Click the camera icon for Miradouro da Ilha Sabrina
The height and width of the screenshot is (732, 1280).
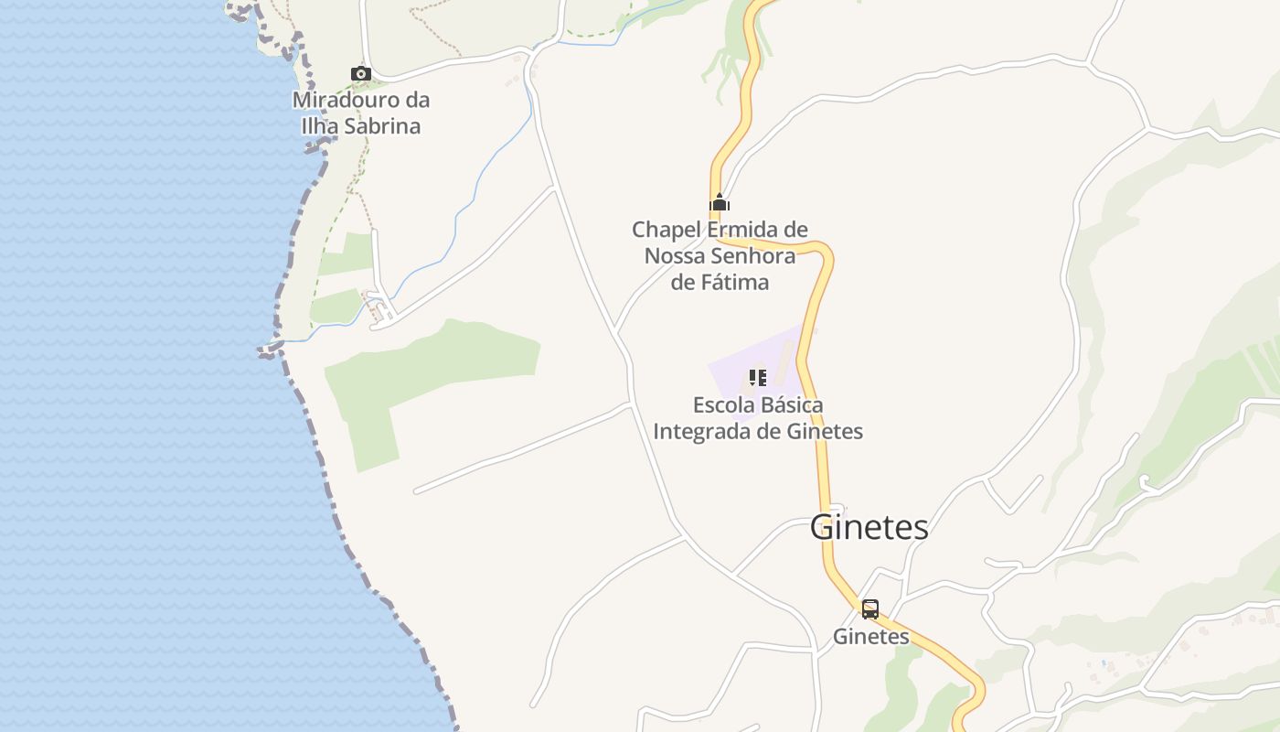(x=361, y=73)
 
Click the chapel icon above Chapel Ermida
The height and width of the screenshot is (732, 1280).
(x=720, y=203)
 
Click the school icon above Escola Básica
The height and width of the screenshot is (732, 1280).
(x=757, y=377)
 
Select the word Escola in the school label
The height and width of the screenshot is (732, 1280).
(x=720, y=404)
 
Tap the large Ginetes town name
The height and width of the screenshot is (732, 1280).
(x=869, y=527)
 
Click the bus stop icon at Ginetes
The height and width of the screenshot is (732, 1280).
(x=869, y=608)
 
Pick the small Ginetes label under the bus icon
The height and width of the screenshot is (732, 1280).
(x=870, y=637)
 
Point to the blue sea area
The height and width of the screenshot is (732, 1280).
(x=137, y=412)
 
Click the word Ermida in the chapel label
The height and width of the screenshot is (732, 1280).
(x=745, y=229)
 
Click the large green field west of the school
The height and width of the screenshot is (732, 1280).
(x=430, y=375)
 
